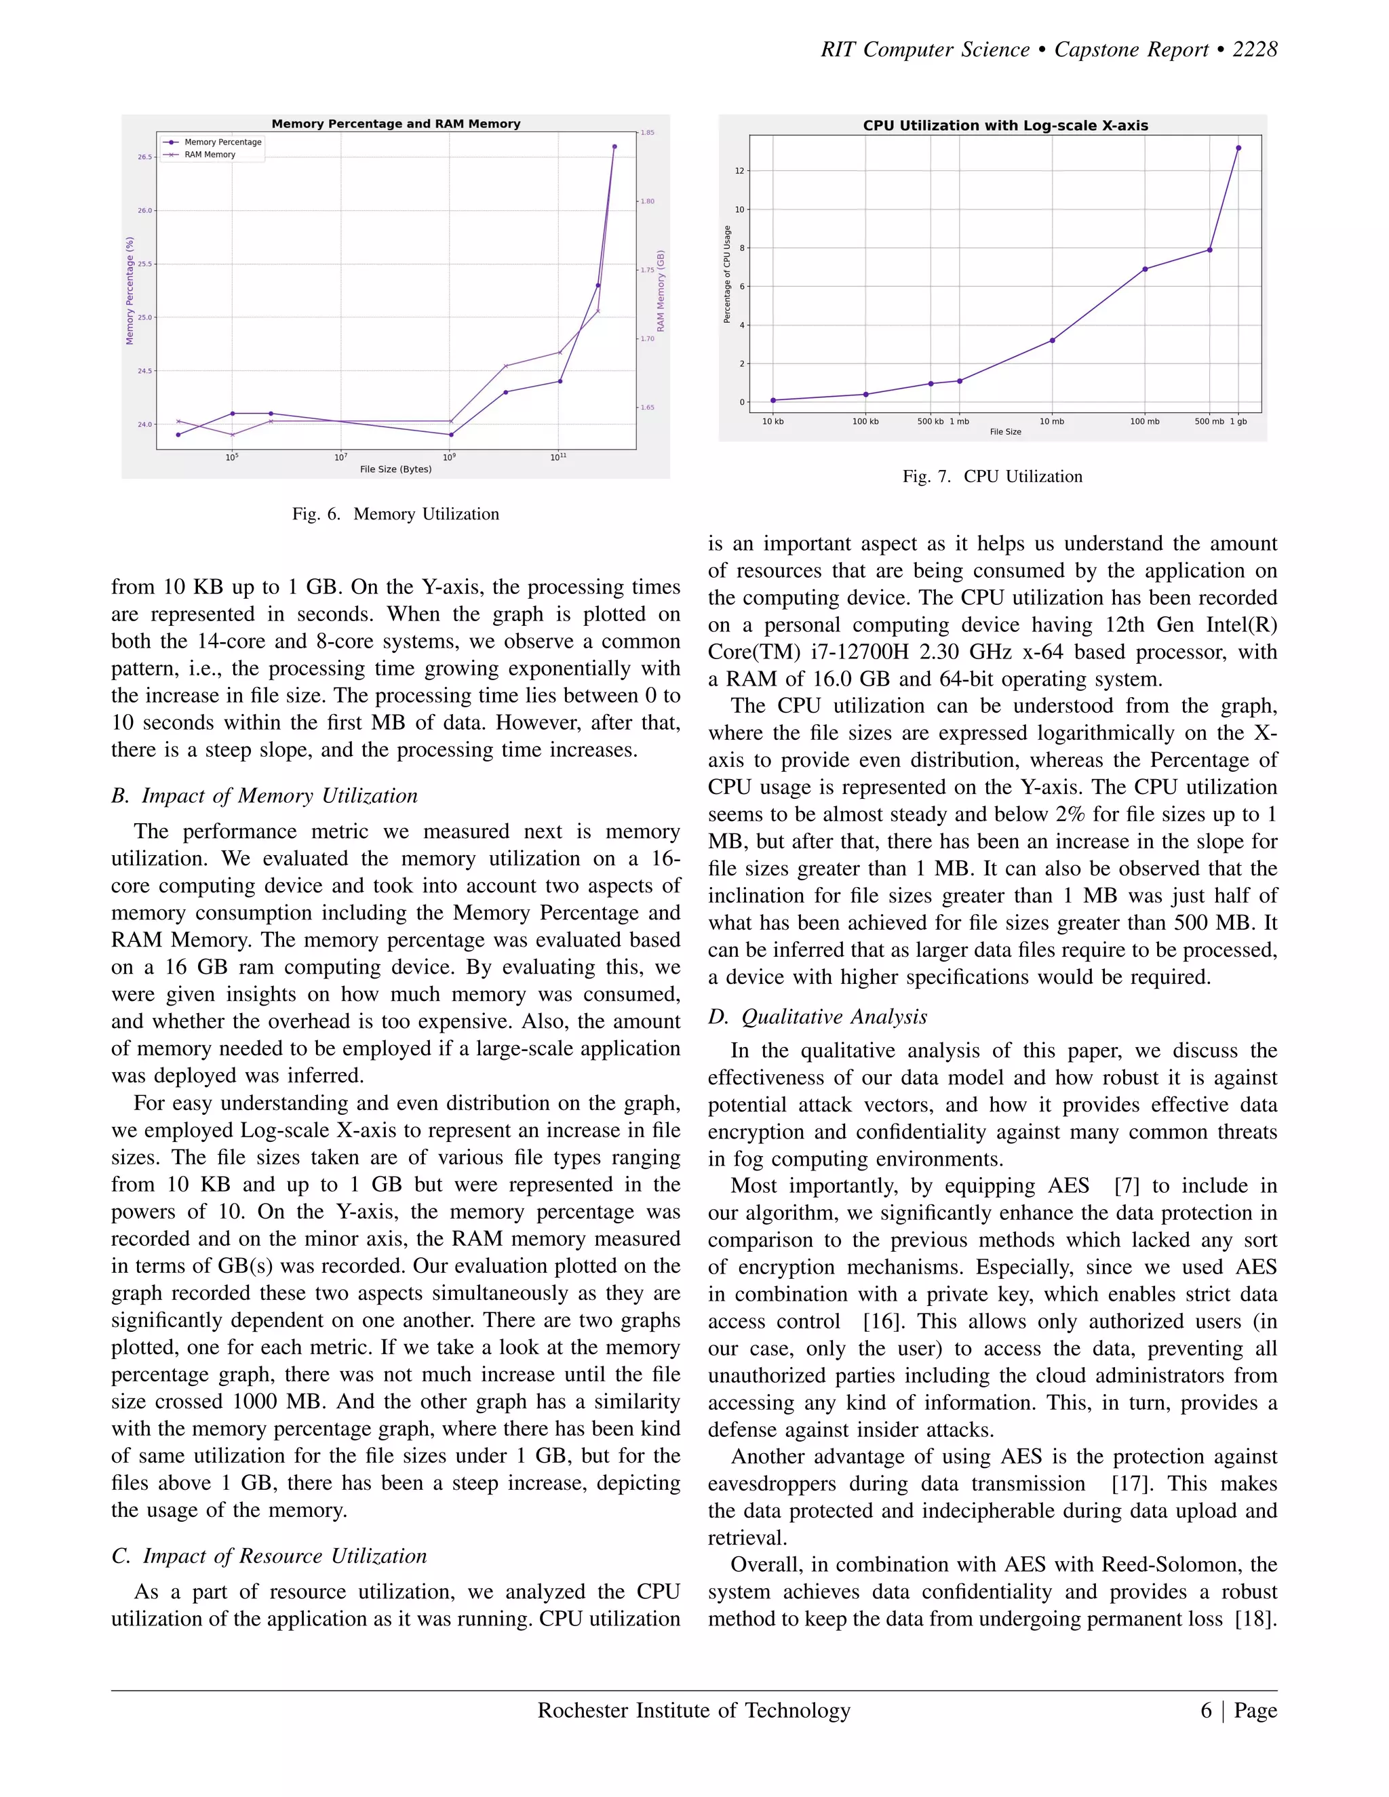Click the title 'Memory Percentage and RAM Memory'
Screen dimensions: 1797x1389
pyautogui.click(x=396, y=124)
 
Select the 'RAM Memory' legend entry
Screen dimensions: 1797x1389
pyautogui.click(x=210, y=155)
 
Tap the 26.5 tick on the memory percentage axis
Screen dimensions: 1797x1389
pyautogui.click(x=145, y=157)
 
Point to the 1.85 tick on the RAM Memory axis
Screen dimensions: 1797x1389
pyautogui.click(x=648, y=132)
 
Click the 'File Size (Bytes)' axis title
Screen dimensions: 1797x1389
pyautogui.click(x=396, y=470)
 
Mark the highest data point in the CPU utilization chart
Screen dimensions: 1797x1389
pyautogui.click(x=1238, y=148)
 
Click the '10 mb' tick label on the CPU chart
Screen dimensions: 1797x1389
pyautogui.click(x=1052, y=422)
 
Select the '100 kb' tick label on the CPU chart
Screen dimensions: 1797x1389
pyautogui.click(x=865, y=422)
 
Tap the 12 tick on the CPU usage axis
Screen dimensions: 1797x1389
pyautogui.click(x=739, y=171)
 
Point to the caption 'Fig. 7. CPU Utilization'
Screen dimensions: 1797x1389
pyautogui.click(x=992, y=477)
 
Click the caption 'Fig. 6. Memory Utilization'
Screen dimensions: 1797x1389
pyautogui.click(x=396, y=514)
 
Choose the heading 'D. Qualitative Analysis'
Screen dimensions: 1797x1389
pyautogui.click(x=818, y=1017)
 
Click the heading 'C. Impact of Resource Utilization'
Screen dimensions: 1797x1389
pyautogui.click(x=269, y=1556)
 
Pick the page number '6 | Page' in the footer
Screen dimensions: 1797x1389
pyautogui.click(x=1238, y=1711)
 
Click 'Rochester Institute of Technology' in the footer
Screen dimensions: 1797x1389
pyautogui.click(x=694, y=1711)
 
